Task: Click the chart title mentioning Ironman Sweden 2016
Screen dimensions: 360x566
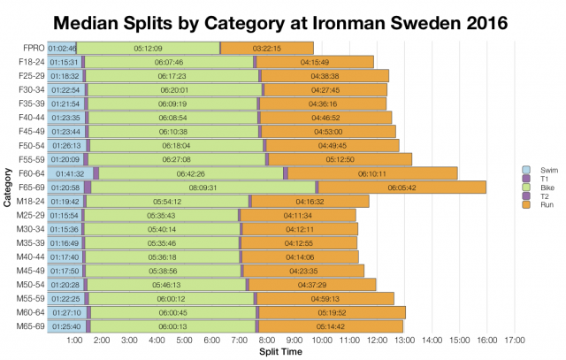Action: coord(282,20)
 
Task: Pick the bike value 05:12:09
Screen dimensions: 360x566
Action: coord(147,48)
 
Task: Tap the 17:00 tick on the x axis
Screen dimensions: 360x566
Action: coord(514,340)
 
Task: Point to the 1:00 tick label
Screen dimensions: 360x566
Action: coord(74,340)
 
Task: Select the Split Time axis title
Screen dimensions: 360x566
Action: coord(282,351)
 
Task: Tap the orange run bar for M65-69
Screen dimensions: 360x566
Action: coord(330,326)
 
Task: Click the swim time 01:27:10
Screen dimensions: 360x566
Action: coord(65,312)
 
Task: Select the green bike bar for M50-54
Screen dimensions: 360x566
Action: coord(166,285)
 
